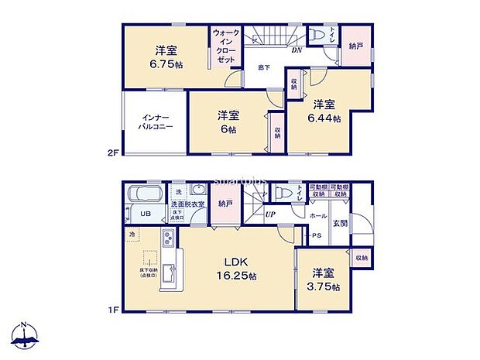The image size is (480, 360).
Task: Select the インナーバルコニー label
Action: point(155,121)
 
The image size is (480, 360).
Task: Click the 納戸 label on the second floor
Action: point(355,46)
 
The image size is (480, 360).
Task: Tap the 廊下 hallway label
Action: point(264,67)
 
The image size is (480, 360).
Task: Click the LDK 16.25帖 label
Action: point(230,267)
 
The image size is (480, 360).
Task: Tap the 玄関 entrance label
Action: point(340,223)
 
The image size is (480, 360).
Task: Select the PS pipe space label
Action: point(316,236)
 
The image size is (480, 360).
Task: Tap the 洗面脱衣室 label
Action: point(187,204)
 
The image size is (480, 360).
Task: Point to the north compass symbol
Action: point(25,335)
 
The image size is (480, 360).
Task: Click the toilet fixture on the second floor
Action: point(317,36)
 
